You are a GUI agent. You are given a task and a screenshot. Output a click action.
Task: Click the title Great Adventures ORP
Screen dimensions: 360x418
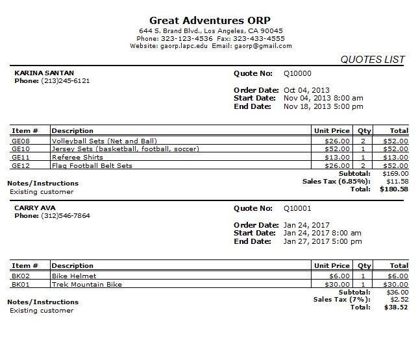coord(210,20)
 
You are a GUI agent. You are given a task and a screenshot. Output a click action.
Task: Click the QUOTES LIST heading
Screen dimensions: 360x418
coord(373,60)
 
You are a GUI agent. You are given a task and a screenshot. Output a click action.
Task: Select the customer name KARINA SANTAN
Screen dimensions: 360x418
coord(44,73)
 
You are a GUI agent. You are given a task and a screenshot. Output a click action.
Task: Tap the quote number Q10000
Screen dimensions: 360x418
coord(297,73)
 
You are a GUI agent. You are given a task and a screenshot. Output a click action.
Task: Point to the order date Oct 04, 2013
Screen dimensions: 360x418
coord(306,90)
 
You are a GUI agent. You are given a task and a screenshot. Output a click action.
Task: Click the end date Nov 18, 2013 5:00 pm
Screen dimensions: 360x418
coord(323,106)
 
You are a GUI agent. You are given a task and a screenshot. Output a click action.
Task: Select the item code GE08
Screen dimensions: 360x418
coord(21,141)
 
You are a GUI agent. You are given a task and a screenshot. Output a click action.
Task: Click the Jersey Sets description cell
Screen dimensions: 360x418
coord(125,149)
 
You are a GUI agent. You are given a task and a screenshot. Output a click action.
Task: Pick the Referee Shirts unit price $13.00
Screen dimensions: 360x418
coord(338,158)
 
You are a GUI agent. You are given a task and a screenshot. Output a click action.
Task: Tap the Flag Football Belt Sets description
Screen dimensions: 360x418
coord(92,166)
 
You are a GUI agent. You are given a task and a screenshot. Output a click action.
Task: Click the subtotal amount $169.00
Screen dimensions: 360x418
coord(395,174)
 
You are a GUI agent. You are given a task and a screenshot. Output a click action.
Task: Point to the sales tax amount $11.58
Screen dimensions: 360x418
coord(397,182)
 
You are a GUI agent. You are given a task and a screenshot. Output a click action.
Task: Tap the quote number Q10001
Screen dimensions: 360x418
coord(297,208)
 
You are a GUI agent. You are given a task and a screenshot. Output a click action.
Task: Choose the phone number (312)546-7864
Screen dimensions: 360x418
coord(66,216)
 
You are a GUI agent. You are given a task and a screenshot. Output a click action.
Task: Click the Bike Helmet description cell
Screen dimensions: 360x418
coord(74,276)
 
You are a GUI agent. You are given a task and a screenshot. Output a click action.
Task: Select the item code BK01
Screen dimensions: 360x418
coord(21,284)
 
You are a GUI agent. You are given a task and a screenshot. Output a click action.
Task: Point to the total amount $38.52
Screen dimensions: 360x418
coord(397,307)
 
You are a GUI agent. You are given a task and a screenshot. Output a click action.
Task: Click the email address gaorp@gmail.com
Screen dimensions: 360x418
coord(263,46)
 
